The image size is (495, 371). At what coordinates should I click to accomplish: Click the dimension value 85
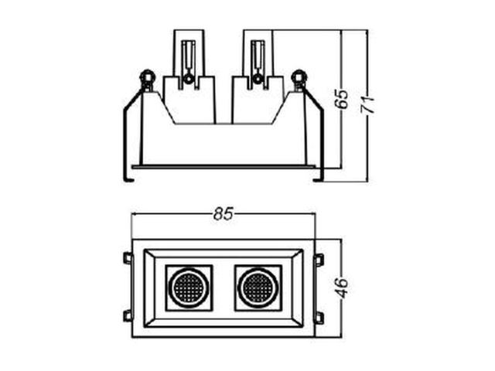tap(224, 213)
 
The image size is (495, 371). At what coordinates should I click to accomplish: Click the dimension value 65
tap(342, 99)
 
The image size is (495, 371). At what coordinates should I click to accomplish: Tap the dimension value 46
tap(342, 288)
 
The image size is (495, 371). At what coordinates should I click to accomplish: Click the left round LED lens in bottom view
tap(189, 288)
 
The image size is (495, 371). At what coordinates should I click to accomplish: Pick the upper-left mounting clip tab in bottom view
tap(128, 257)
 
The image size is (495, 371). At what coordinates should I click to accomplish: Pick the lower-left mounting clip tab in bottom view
tap(128, 316)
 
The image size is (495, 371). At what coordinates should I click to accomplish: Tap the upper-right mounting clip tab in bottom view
tap(319, 260)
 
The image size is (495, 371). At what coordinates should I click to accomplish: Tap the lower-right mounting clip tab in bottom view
tap(319, 318)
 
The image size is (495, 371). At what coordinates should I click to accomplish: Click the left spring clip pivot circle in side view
tap(147, 77)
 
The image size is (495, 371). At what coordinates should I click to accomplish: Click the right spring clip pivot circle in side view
tap(299, 77)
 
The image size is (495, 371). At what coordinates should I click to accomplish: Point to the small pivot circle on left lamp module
tap(189, 80)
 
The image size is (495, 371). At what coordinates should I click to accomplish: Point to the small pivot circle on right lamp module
tap(258, 80)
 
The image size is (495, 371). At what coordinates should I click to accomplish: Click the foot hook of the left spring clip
tap(128, 180)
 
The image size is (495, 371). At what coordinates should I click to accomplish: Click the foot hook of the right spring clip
tap(318, 180)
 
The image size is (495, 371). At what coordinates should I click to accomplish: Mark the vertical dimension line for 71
tap(367, 106)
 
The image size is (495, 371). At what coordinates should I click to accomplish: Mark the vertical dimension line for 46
tap(341, 288)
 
